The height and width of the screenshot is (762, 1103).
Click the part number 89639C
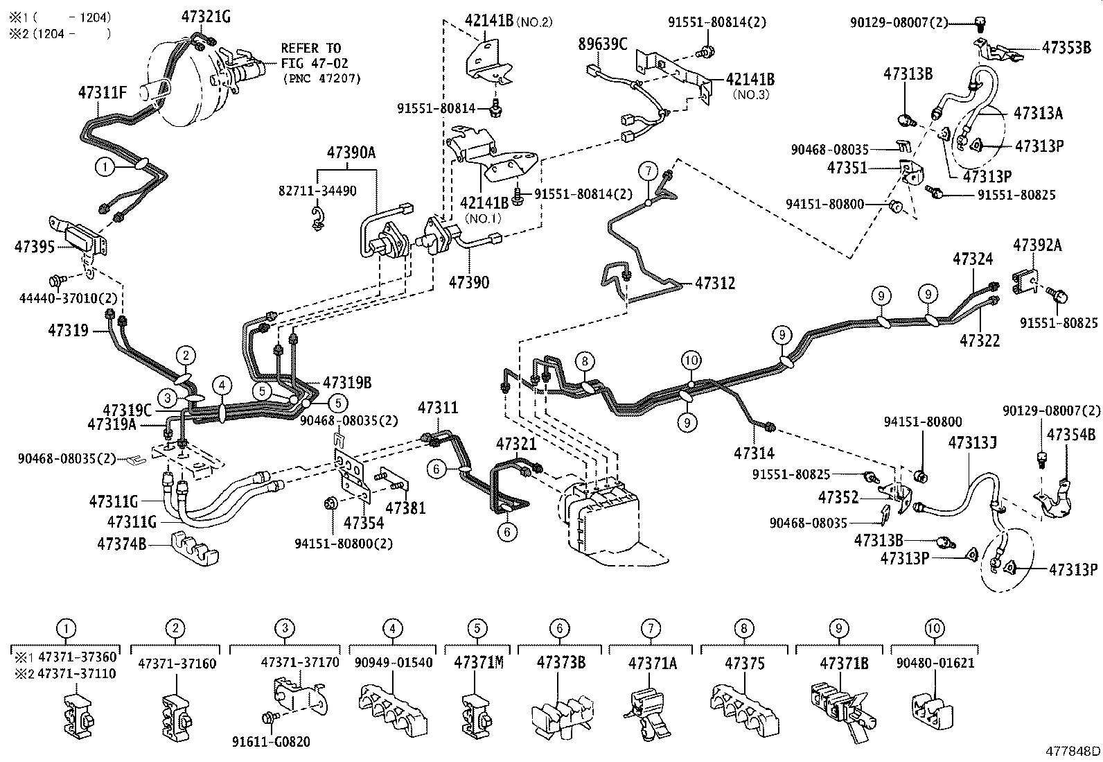click(x=603, y=45)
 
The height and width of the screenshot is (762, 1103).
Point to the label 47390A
click(x=351, y=153)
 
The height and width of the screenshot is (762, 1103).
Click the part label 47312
click(x=715, y=283)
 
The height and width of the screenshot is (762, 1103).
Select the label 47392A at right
click(x=1037, y=245)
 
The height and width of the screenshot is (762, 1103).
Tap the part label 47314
click(x=754, y=453)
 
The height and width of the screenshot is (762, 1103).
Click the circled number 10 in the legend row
click(x=934, y=629)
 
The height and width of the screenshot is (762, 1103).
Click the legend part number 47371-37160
click(x=177, y=663)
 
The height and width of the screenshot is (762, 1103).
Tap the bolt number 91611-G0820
click(x=270, y=742)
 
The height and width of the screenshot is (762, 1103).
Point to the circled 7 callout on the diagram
click(x=647, y=171)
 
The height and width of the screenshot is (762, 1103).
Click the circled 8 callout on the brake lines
click(x=585, y=361)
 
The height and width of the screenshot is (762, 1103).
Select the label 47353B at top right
click(x=1066, y=48)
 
